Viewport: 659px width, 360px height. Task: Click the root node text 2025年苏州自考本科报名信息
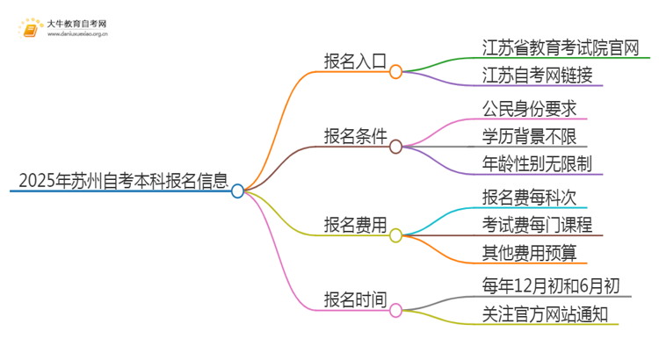pyautogui.click(x=121, y=183)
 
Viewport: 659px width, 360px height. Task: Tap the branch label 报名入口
pyautogui.click(x=355, y=64)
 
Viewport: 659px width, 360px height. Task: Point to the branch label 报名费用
pyautogui.click(x=355, y=226)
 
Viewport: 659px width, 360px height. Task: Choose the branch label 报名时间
pyautogui.click(x=355, y=300)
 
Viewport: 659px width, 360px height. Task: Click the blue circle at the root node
pyautogui.click(x=237, y=191)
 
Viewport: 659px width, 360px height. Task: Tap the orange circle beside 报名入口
pyautogui.click(x=395, y=71)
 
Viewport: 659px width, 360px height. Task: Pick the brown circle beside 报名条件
pyautogui.click(x=395, y=146)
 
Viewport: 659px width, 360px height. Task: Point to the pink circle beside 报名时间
pyautogui.click(x=395, y=310)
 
